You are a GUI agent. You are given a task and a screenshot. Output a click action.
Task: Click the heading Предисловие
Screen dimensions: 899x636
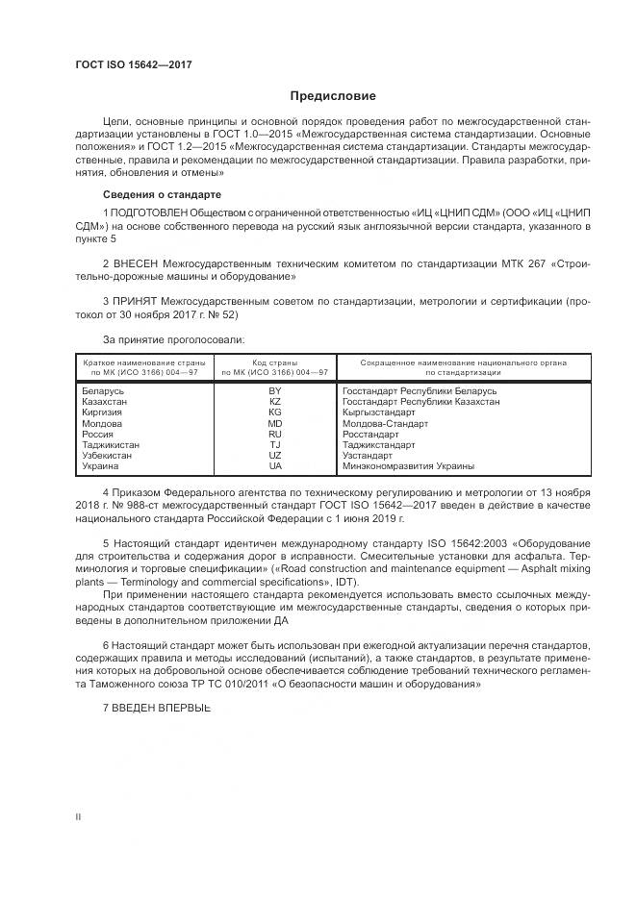(x=334, y=96)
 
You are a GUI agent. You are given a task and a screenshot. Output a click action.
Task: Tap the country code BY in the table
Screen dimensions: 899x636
(x=275, y=392)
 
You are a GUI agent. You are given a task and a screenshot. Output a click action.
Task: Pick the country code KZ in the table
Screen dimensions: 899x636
(x=275, y=403)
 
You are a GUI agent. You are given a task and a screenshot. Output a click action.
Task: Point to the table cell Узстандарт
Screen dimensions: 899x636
(x=368, y=456)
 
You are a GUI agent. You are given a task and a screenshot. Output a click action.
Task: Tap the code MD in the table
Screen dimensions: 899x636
(x=275, y=424)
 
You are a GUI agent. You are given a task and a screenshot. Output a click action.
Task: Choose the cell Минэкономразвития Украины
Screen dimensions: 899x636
(x=408, y=466)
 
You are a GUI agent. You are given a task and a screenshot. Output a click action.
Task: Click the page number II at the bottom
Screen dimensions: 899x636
(x=79, y=816)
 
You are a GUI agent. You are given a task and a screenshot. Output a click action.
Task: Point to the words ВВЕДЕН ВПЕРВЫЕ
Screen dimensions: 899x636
(x=163, y=708)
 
